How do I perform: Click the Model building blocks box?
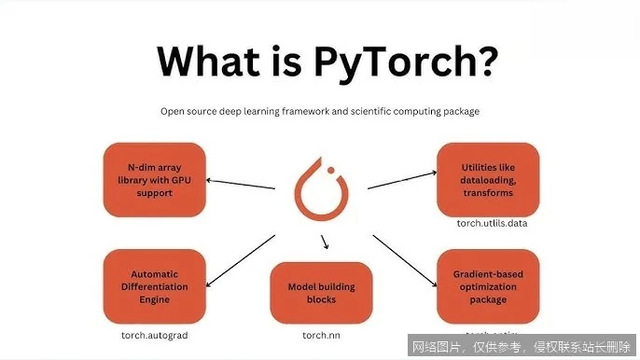(x=320, y=293)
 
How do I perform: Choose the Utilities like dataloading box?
(x=490, y=178)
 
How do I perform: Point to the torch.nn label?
(x=320, y=333)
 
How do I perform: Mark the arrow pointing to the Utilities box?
(x=403, y=179)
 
